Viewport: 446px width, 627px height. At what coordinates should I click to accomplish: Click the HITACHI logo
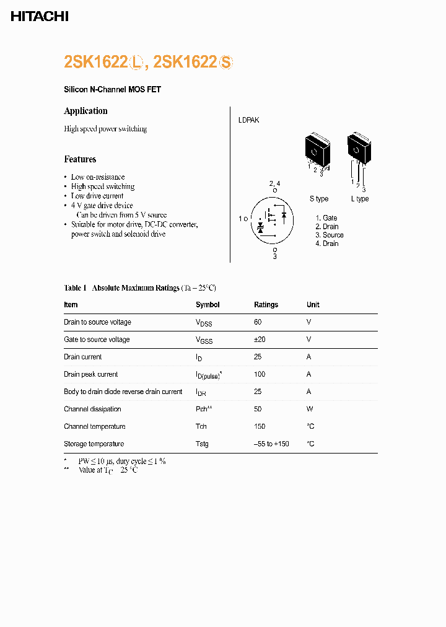[40, 17]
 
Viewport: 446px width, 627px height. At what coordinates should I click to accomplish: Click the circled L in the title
[137, 63]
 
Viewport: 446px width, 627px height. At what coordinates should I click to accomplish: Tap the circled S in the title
[226, 63]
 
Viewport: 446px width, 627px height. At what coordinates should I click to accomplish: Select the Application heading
[85, 111]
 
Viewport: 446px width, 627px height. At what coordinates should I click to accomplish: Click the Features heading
[80, 159]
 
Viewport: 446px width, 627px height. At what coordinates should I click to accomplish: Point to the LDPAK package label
[248, 120]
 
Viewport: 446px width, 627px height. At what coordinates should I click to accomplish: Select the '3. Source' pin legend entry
[329, 235]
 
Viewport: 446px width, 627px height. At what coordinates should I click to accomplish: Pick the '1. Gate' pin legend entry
[326, 217]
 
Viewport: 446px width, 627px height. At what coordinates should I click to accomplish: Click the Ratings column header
[266, 305]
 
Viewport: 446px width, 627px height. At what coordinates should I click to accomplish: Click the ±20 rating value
[260, 340]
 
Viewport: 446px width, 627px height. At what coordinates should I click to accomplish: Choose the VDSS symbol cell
[204, 323]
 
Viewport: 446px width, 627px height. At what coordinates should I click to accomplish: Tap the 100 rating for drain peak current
[260, 374]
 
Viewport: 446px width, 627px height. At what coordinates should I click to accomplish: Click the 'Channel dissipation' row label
[92, 409]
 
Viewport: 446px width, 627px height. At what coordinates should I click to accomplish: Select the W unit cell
[309, 409]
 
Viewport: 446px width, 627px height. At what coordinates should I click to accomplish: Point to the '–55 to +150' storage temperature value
[271, 444]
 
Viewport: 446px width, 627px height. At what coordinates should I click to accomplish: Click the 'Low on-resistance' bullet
[98, 177]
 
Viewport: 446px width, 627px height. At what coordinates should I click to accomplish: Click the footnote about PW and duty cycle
[121, 461]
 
